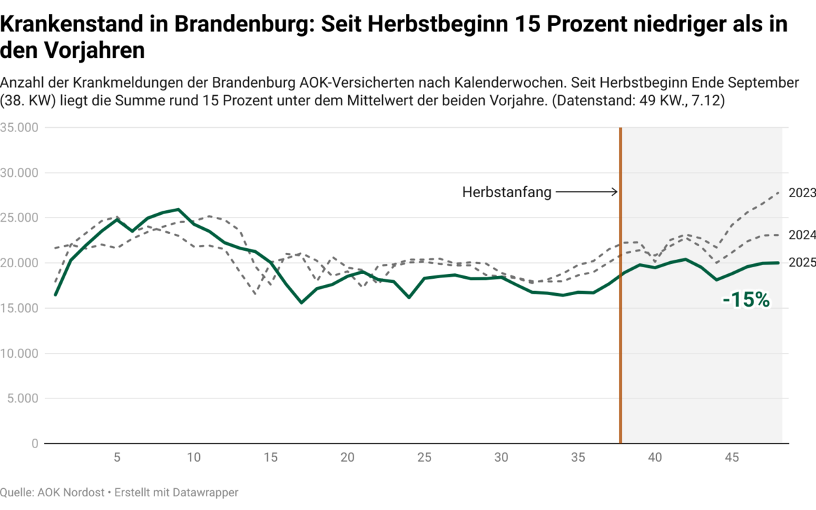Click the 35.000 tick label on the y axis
(19, 128)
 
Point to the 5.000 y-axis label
(22, 398)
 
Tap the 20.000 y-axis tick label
(19, 263)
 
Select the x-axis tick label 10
(194, 458)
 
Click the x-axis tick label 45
(732, 458)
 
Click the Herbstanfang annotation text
(507, 192)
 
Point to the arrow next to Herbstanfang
(586, 192)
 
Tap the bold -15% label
(746, 300)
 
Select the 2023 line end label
(802, 193)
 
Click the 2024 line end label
(802, 235)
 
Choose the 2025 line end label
(802, 262)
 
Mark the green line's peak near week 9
(178, 209)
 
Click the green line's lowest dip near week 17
(301, 303)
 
